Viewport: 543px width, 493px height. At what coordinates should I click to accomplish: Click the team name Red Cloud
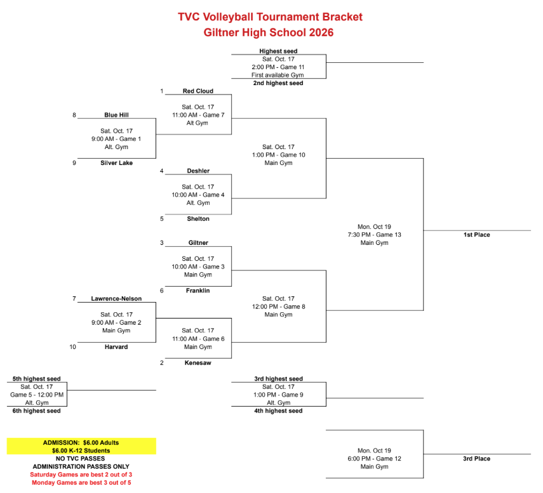[198, 91]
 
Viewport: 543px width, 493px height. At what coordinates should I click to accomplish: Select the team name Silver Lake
[116, 163]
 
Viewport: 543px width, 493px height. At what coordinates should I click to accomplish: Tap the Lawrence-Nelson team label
[116, 299]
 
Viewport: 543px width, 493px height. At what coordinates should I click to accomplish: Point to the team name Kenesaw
[198, 363]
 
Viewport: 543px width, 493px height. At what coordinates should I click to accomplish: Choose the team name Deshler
[198, 171]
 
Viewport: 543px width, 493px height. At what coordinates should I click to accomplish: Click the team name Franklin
[198, 291]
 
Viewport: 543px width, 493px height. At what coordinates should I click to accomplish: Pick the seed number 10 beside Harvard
[73, 347]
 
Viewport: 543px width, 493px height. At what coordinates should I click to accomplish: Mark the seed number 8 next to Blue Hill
[74, 115]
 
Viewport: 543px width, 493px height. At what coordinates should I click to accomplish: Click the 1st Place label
[477, 235]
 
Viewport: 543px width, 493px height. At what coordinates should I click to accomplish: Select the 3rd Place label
[477, 459]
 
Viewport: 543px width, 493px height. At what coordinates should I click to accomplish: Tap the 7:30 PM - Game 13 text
[374, 235]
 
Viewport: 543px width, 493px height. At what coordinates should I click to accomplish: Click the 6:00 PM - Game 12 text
[374, 459]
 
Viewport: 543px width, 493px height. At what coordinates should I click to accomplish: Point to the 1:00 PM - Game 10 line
[278, 155]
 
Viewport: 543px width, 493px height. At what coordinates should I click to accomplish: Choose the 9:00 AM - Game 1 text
[116, 139]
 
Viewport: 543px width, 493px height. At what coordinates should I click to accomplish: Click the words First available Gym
[278, 75]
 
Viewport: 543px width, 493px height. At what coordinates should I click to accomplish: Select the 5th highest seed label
[36, 379]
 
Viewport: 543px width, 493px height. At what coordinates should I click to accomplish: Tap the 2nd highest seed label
[278, 83]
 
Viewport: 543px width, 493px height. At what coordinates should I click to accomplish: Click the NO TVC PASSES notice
[81, 459]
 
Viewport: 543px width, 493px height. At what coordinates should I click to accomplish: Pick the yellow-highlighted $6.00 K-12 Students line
[81, 450]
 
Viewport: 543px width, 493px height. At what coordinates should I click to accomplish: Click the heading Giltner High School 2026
[269, 32]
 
